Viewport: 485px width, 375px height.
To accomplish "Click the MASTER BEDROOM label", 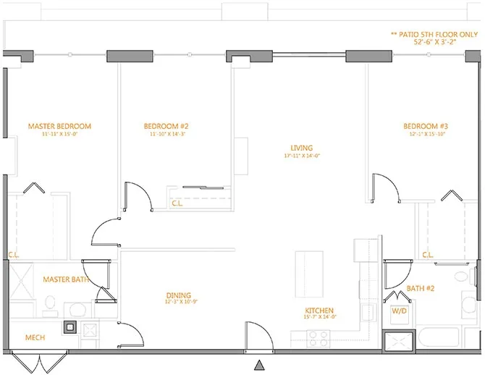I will click(x=59, y=127).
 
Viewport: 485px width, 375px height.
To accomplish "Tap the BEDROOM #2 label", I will click(x=166, y=127).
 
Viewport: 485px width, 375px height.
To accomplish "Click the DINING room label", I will click(x=178, y=295).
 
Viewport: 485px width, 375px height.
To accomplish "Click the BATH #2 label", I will click(x=421, y=289).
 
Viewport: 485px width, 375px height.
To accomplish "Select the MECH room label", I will click(x=36, y=337).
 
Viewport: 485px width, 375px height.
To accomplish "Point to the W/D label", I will click(x=399, y=311).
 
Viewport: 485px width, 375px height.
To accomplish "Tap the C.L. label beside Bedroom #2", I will click(x=178, y=203).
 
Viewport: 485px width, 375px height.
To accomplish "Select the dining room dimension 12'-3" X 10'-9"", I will click(x=178, y=302).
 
